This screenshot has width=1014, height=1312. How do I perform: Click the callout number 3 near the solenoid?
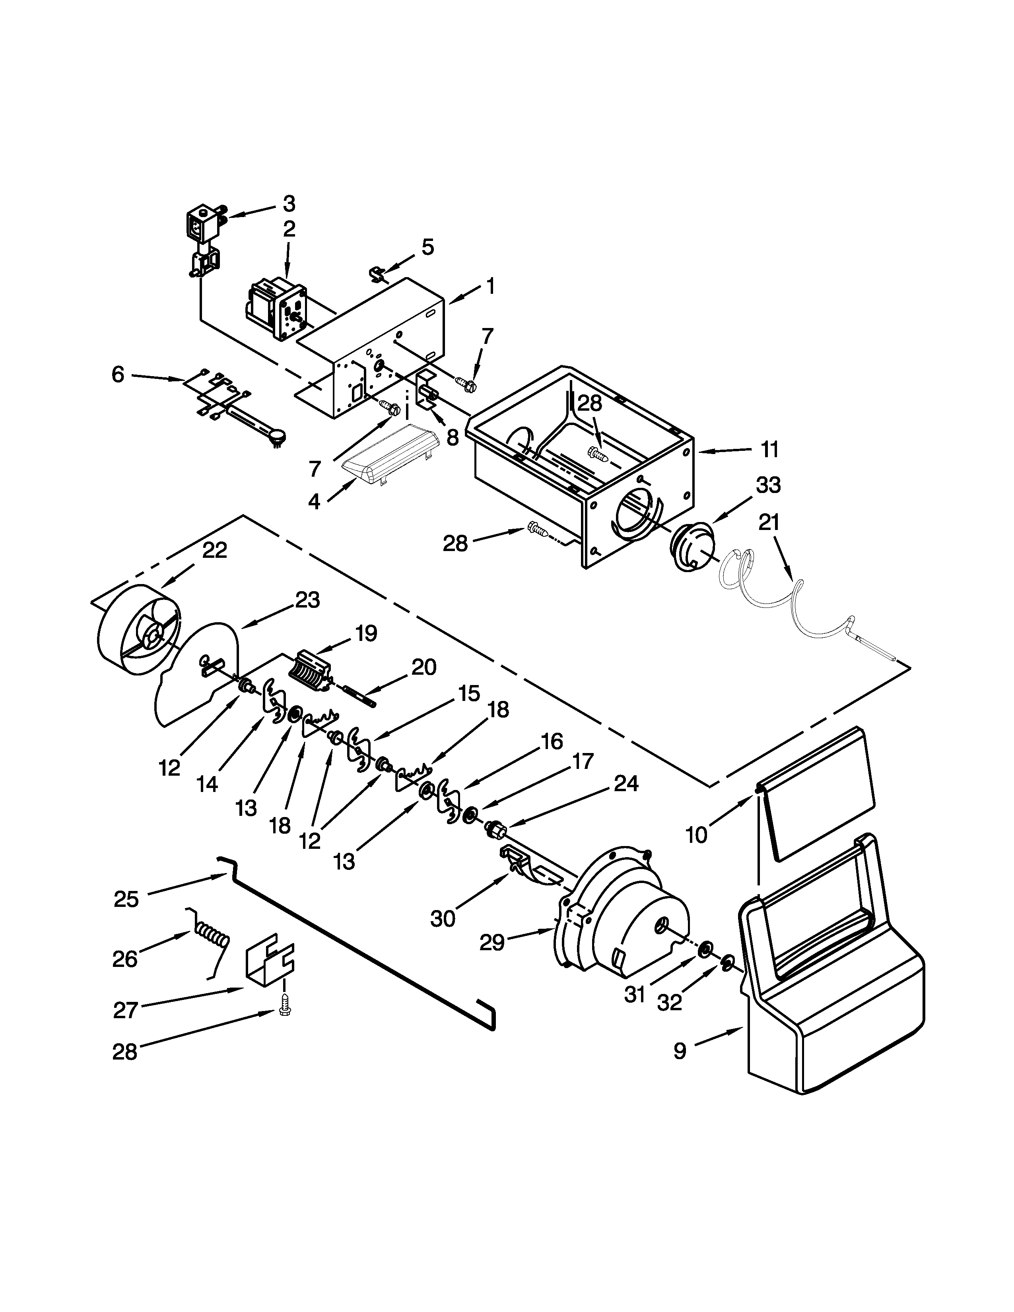pos(289,204)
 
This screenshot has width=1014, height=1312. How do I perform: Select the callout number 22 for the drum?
pos(214,550)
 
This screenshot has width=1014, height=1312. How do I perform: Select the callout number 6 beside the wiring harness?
pos(118,375)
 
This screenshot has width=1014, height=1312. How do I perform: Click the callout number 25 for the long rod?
pos(126,899)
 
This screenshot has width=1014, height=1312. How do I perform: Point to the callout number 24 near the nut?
pos(625,783)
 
